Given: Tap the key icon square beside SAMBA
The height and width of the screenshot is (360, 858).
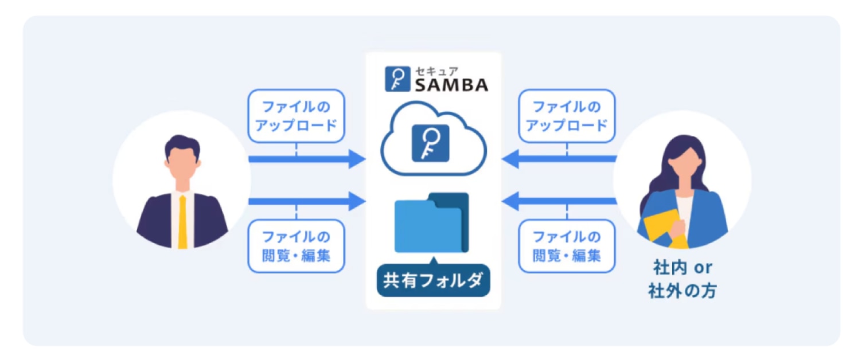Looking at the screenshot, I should coord(395,79).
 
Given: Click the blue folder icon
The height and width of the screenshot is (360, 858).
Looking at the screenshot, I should coord(431,223).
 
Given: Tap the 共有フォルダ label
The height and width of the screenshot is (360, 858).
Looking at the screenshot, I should coord(434,280).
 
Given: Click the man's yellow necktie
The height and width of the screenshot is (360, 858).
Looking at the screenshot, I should coord(182,221).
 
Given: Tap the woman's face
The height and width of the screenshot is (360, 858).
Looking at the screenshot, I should coord(682,166).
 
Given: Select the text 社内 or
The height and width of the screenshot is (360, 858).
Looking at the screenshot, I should coord(682,268).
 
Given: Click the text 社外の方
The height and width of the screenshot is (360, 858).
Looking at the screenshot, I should coord(682,291).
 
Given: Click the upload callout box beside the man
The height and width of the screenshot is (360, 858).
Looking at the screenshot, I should coord(296,116).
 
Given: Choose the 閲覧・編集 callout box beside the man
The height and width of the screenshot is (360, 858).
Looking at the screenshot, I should coord(296,245).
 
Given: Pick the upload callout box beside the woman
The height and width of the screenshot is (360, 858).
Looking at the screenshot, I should coord(567,116).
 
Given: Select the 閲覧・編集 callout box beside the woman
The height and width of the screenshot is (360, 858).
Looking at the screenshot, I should coord(567,245).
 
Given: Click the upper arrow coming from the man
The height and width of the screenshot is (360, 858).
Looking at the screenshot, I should coord(307,159).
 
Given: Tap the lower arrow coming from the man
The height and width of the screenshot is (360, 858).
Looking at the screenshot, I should coord(307,201).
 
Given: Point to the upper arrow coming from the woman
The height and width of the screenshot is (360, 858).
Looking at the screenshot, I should coord(559,159).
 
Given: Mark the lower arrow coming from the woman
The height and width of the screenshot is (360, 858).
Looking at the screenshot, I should coord(559,201).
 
